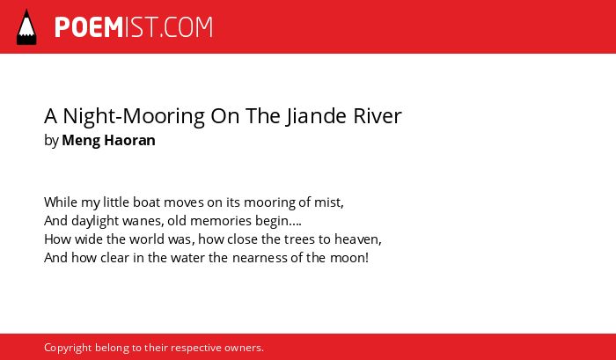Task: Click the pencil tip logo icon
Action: coord(26,26)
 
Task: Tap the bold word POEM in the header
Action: coord(89,27)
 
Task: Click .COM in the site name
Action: coord(187,27)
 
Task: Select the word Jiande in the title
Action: coord(316,116)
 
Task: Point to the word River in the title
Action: coord(378,116)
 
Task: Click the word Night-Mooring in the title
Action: coord(134,117)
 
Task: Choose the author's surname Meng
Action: coord(81,141)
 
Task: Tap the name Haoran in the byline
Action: coord(129,140)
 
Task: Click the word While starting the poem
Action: coord(61,202)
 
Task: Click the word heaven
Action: coord(358,239)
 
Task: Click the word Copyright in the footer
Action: coord(68,349)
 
